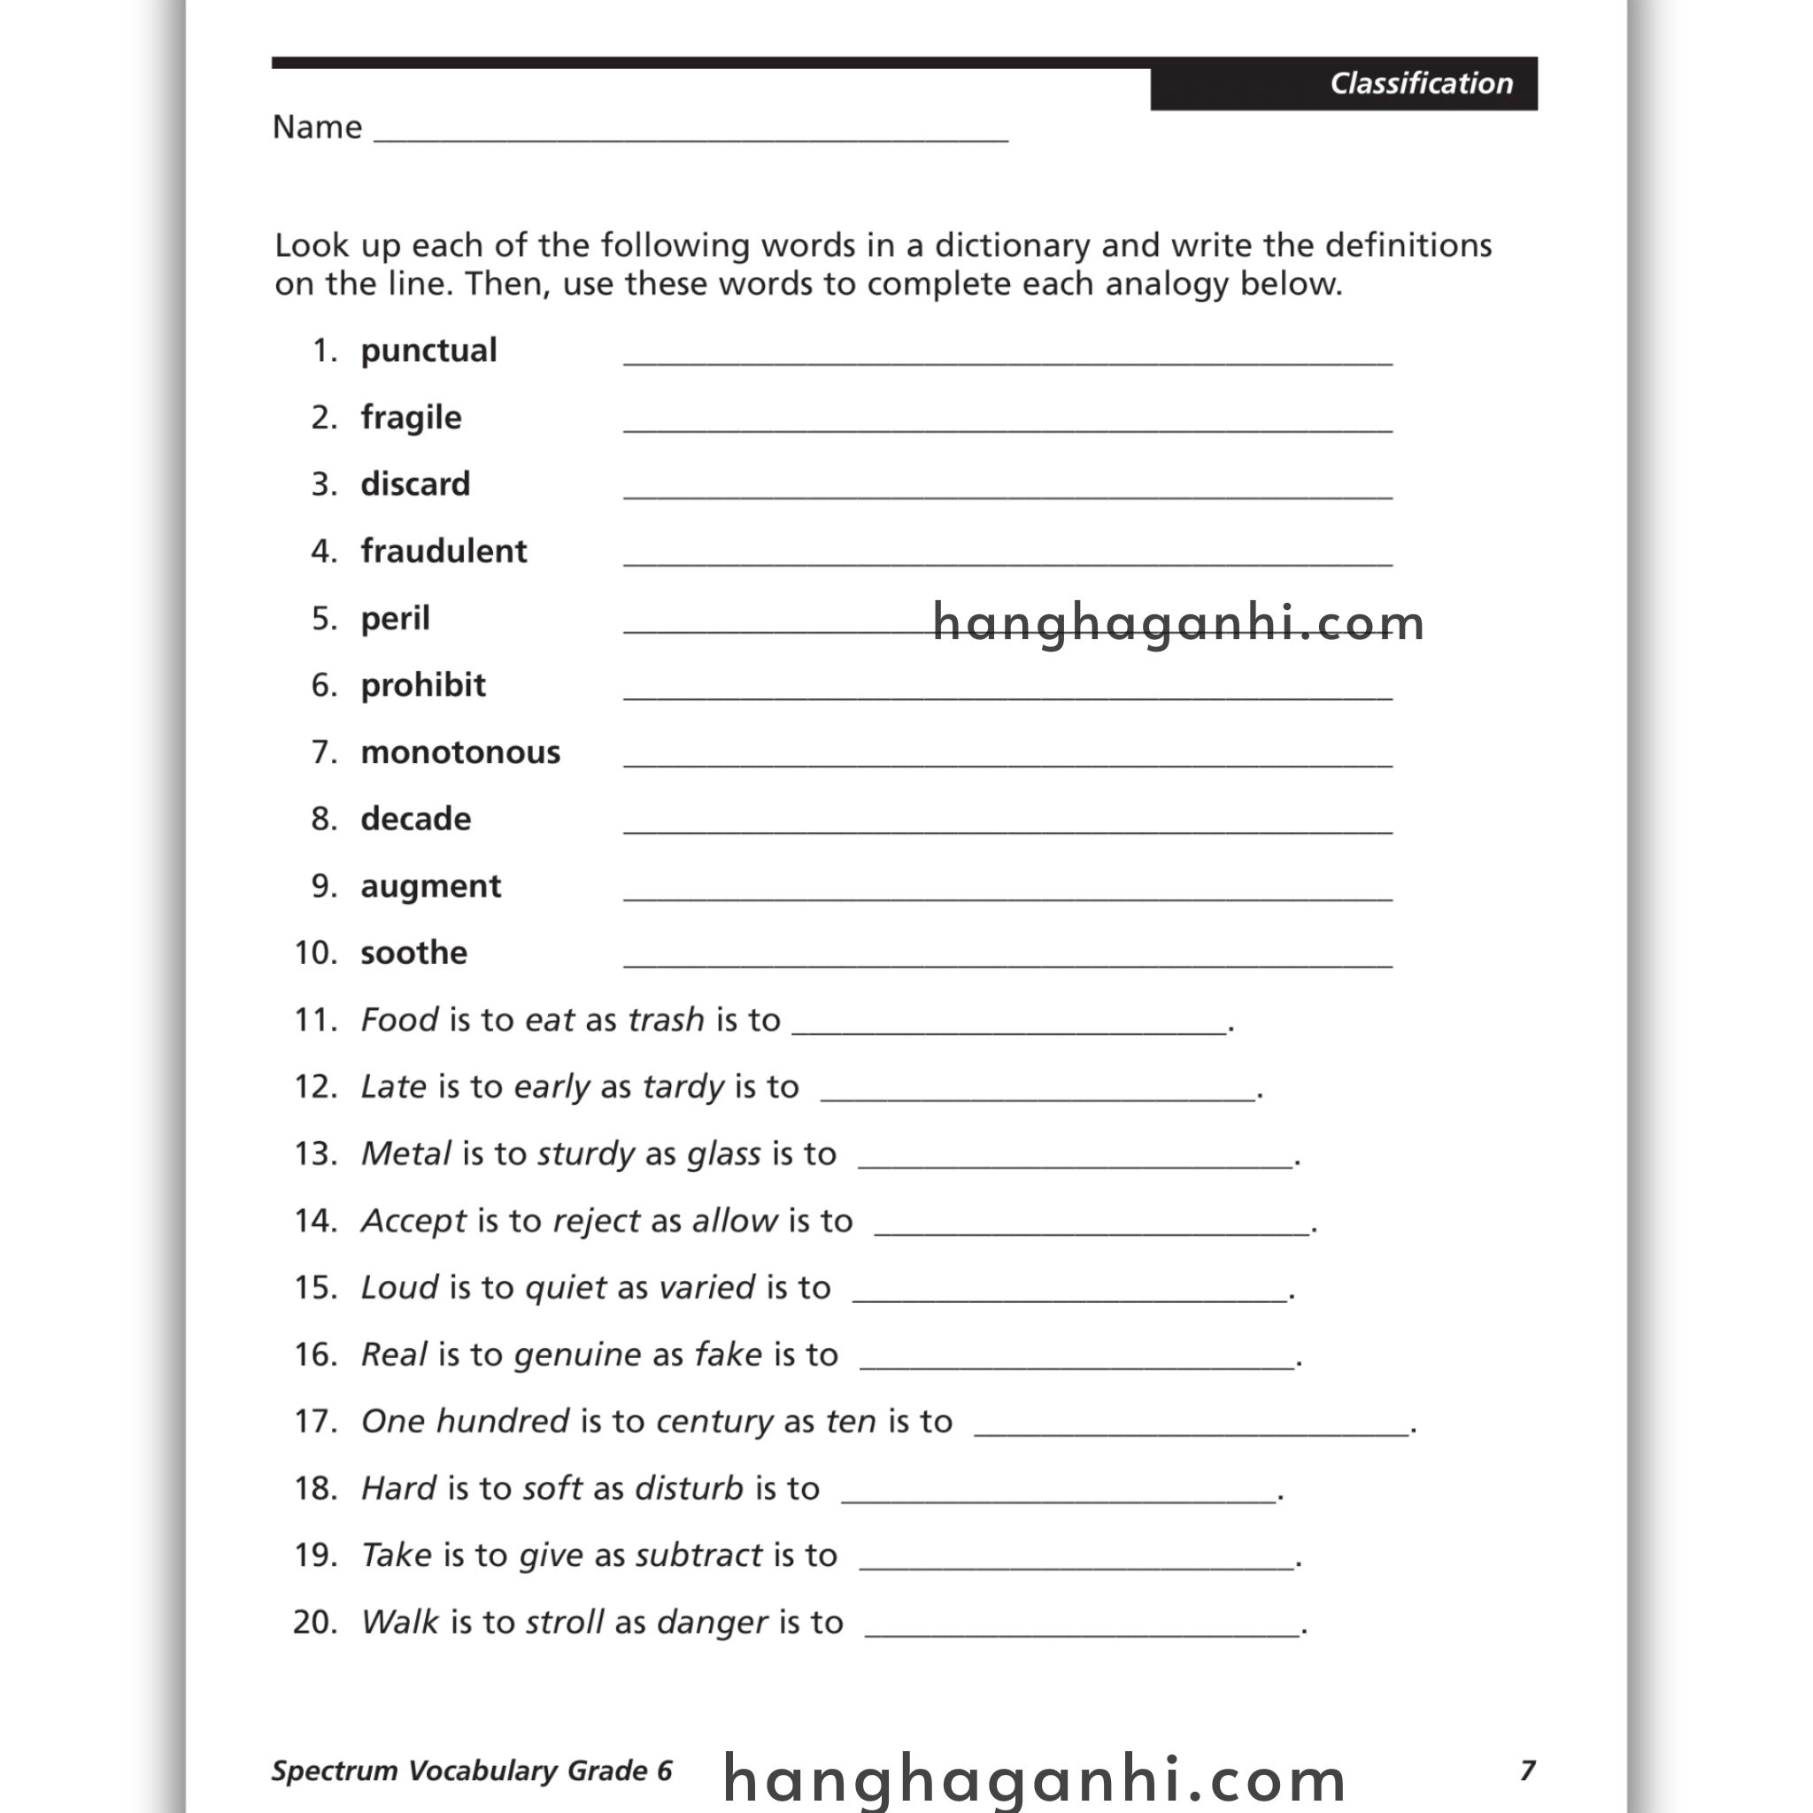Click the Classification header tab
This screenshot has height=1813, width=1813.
(1420, 83)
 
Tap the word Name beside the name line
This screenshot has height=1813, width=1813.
(316, 127)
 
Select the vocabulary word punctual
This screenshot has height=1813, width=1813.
(428, 350)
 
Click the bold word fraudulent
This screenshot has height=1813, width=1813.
(443, 551)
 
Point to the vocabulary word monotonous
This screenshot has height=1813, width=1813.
(459, 752)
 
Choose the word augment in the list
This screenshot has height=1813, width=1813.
(431, 886)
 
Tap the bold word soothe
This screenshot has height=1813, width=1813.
(413, 953)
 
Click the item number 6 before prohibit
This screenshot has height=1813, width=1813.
(324, 685)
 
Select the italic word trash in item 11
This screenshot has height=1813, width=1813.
(666, 1020)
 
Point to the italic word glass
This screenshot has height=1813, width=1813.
(723, 1153)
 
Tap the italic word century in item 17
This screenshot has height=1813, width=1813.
(714, 1421)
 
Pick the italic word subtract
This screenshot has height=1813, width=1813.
(698, 1555)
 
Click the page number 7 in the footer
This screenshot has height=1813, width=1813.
(1527, 1771)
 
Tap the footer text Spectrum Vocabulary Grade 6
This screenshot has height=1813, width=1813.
(472, 1771)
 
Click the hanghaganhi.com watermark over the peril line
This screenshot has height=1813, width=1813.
(1177, 623)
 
